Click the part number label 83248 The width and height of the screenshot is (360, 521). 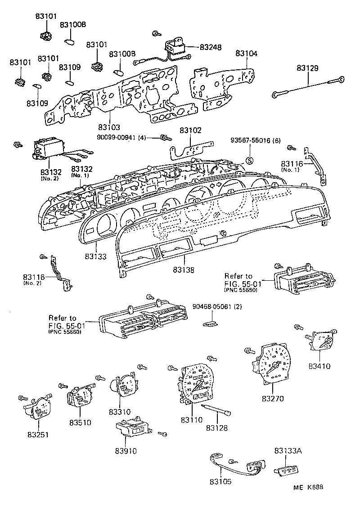(x=211, y=47)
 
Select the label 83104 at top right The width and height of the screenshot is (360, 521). (x=246, y=53)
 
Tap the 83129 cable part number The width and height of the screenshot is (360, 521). (x=307, y=68)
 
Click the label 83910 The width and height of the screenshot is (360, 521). (x=126, y=450)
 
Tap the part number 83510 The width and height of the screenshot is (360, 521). (x=81, y=422)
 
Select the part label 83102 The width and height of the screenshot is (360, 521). (x=190, y=130)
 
